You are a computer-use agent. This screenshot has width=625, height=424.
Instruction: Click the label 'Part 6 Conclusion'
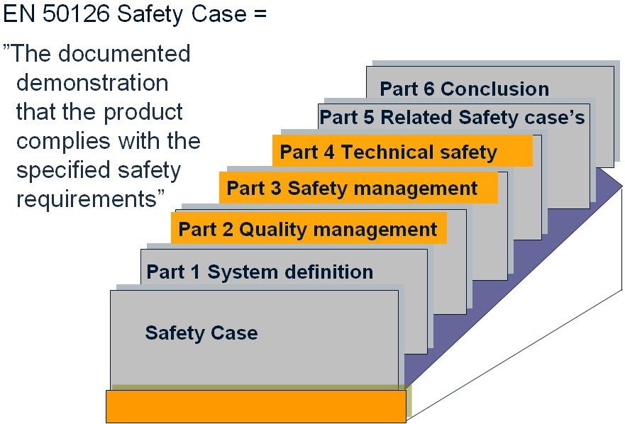tap(464, 89)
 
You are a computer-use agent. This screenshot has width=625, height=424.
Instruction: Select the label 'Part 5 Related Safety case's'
tap(452, 117)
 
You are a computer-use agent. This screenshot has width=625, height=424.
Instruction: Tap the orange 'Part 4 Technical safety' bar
tap(402, 152)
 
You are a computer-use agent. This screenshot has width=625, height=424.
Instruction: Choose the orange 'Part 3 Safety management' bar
tap(358, 189)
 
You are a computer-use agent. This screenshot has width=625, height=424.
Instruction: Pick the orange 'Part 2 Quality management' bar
tap(308, 229)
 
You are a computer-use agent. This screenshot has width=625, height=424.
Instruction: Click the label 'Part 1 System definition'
tap(259, 272)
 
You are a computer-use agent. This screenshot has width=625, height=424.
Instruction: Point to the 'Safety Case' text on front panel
tap(201, 333)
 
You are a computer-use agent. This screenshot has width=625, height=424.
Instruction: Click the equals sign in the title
tap(258, 15)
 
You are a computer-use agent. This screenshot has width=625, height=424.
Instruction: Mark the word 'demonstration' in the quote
tap(92, 83)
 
